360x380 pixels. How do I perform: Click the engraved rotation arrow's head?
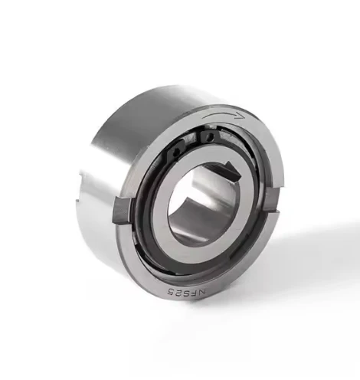(x=241, y=116)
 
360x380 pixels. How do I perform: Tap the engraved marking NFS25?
(x=186, y=293)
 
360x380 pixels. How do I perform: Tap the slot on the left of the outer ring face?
(x=122, y=211)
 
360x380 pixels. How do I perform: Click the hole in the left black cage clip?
(x=175, y=154)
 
